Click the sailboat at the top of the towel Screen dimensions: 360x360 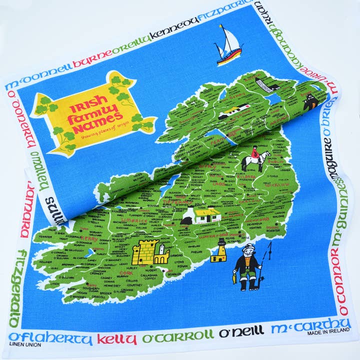[x=229, y=46]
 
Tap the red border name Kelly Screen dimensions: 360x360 [x=116, y=339]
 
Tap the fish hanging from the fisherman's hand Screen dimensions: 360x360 [x=234, y=277]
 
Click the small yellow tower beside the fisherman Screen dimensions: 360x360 [x=218, y=250]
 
